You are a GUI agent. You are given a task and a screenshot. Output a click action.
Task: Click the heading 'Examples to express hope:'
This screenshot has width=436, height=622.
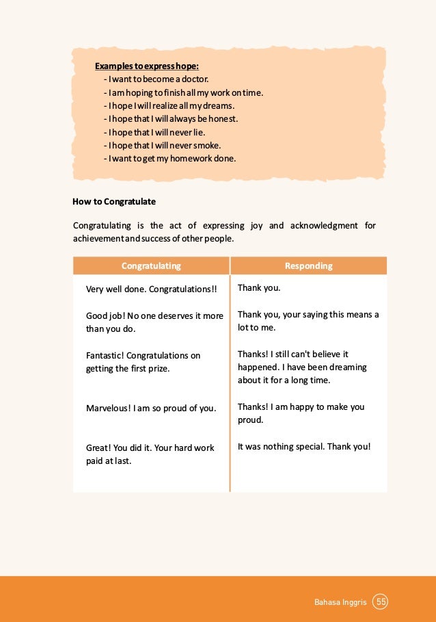coord(147,66)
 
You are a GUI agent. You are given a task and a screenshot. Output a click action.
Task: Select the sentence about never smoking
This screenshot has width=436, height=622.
coord(167,145)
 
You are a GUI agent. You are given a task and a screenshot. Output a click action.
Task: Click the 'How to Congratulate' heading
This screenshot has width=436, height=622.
coord(114,202)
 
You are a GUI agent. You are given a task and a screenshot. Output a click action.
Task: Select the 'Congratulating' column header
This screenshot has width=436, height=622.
coord(151,265)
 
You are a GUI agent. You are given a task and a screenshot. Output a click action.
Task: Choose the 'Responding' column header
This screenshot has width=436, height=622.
coord(308,265)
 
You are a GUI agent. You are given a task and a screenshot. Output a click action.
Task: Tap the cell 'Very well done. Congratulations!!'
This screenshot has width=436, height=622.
coord(151,289)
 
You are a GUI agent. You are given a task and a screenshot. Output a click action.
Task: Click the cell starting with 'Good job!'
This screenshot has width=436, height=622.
coord(154,322)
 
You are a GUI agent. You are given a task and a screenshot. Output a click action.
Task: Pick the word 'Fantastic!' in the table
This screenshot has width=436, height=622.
coord(105,356)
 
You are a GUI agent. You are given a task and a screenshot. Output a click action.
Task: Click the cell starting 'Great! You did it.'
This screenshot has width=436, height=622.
coord(150,454)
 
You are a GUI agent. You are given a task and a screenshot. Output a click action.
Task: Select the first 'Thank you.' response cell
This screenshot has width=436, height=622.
coord(259,288)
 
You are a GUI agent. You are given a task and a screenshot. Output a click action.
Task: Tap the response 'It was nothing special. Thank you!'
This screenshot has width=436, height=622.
coord(304,447)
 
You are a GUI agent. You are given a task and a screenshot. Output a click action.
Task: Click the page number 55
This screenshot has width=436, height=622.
coord(381,602)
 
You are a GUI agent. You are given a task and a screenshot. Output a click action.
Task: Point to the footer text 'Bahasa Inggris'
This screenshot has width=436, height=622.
coord(340,602)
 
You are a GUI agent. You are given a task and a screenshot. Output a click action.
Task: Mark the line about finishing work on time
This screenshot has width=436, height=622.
coord(183,93)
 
